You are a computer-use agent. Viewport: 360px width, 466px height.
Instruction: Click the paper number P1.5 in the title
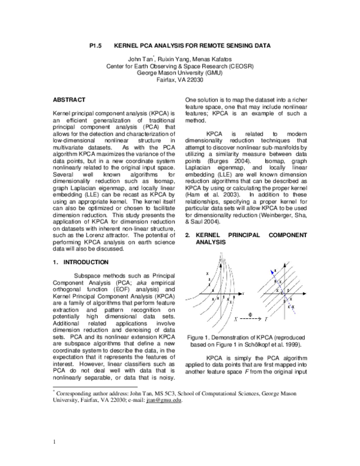[97, 45]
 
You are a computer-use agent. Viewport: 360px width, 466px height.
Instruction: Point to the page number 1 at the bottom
[55, 443]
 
